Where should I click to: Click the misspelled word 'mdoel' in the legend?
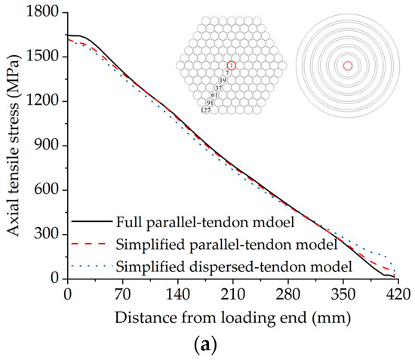(286, 222)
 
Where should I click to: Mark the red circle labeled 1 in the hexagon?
(231, 66)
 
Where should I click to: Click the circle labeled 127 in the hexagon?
(205, 110)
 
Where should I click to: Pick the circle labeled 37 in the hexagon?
(218, 88)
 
